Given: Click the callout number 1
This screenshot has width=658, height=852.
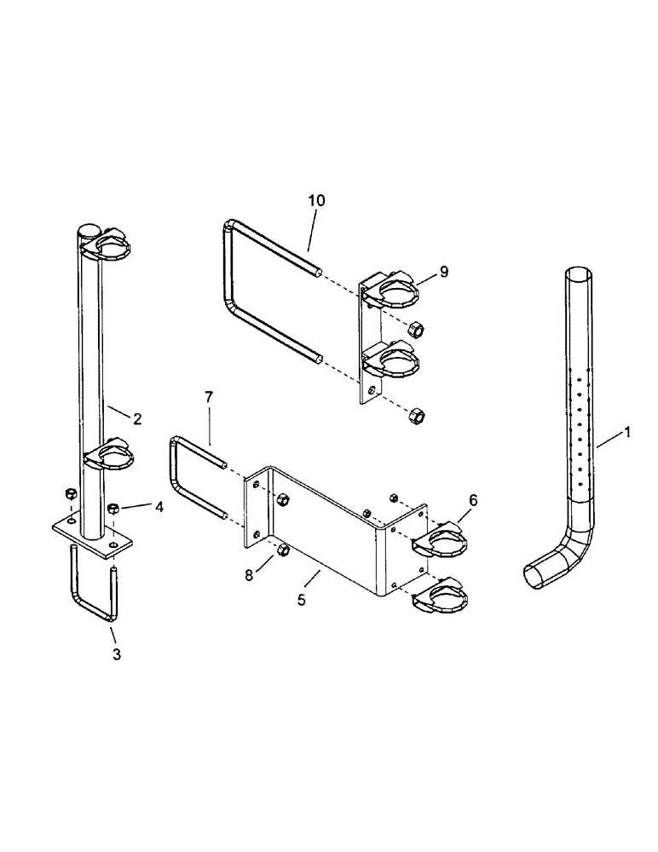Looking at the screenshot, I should pyautogui.click(x=627, y=434).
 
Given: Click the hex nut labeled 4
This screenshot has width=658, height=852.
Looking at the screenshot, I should pyautogui.click(x=113, y=509).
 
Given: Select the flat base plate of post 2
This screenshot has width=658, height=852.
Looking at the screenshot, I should pyautogui.click(x=92, y=539).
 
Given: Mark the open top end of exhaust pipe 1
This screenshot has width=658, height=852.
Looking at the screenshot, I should pyautogui.click(x=577, y=275).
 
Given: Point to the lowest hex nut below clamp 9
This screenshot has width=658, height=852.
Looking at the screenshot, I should pyautogui.click(x=417, y=415).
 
